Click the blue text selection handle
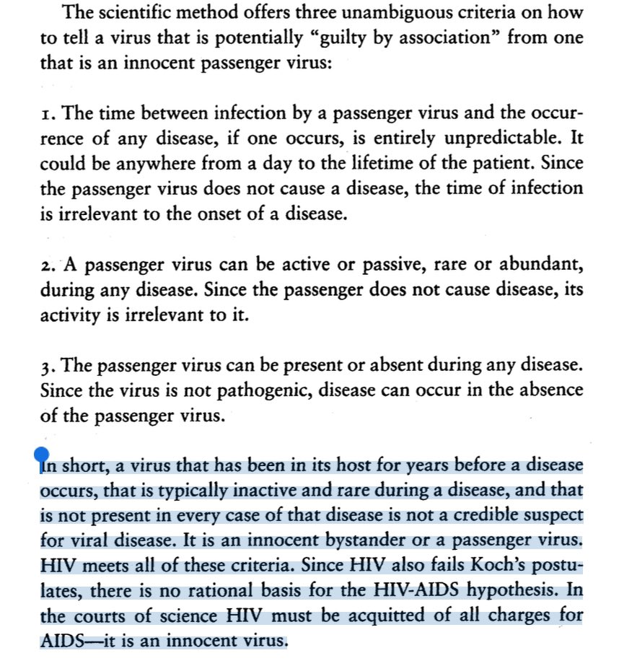click(41, 455)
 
